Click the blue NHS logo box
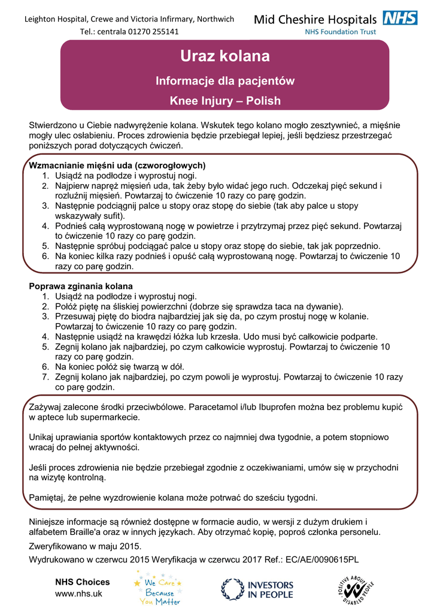click(400, 18)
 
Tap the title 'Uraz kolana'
click(225, 57)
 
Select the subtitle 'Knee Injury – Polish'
click(225, 101)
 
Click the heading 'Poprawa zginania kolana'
click(81, 286)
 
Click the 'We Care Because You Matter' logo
click(159, 588)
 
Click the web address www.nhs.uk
click(78, 593)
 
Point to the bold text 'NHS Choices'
click(82, 582)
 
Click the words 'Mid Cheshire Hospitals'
click(315, 20)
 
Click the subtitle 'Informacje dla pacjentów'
click(225, 80)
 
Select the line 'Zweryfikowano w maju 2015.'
click(86, 546)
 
